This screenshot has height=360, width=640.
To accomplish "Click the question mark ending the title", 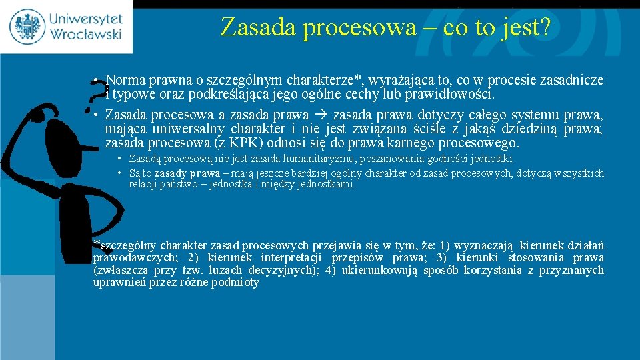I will (x=545, y=27).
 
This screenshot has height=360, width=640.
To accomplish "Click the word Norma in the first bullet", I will (x=124, y=81).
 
